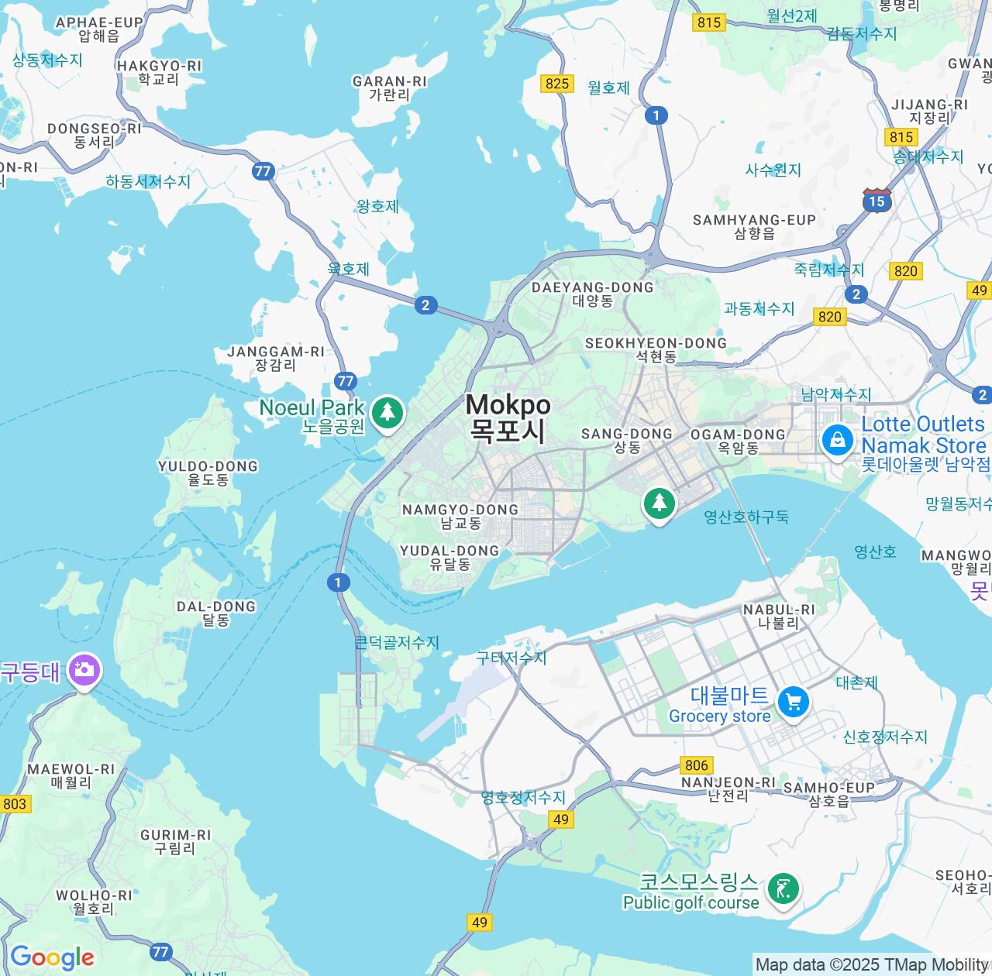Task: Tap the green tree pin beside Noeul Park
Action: [387, 411]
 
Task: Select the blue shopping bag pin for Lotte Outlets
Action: [837, 441]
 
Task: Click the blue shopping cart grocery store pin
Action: [793, 702]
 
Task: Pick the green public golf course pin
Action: [783, 889]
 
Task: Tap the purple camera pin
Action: [84, 669]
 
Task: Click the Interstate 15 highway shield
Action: [877, 201]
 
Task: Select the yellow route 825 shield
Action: [557, 84]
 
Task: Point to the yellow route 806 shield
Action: [696, 765]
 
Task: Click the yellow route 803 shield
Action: [14, 804]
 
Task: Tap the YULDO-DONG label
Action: [208, 473]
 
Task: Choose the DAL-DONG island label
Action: [216, 613]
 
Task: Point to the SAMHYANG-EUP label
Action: [754, 226]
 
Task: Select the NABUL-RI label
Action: [779, 616]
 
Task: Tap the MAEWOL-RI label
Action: [71, 775]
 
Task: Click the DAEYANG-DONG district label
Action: [593, 294]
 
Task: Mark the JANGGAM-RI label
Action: [276, 358]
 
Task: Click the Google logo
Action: [52, 958]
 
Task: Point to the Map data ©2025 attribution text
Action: [871, 965]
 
